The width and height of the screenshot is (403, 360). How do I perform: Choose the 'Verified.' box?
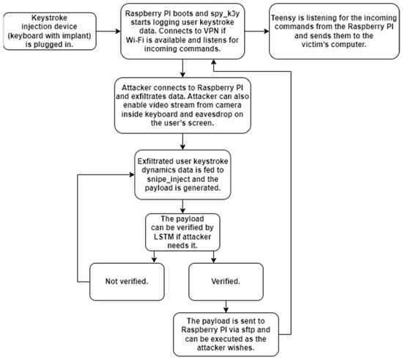pos(226,279)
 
